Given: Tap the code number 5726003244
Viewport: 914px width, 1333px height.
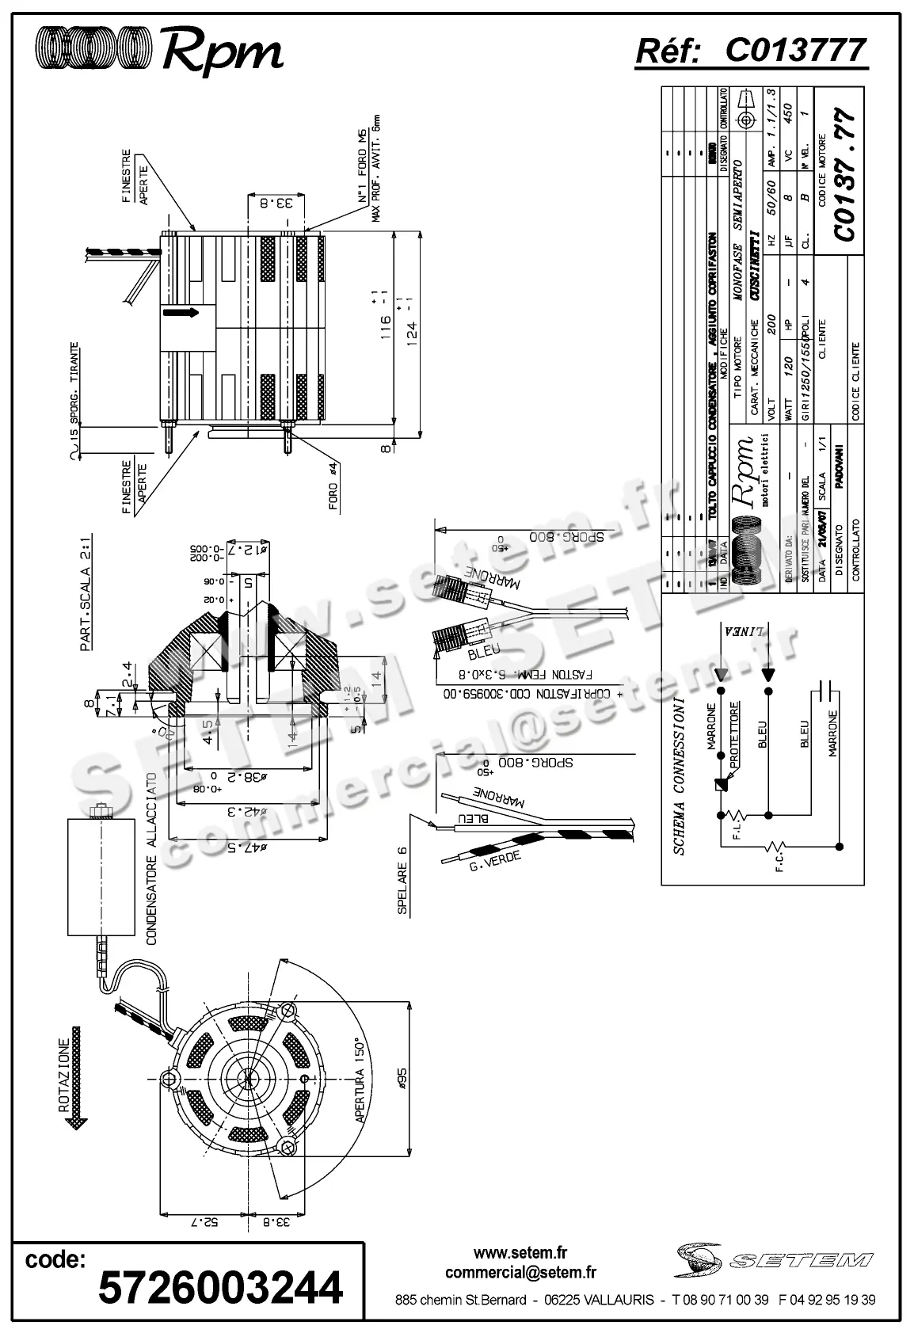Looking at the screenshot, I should click(220, 1287).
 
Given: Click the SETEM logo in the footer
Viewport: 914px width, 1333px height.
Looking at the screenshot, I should click(775, 1260).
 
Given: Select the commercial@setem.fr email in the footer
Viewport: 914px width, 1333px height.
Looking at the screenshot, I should click(520, 1273).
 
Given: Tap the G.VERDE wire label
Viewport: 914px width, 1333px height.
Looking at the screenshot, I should click(494, 863).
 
